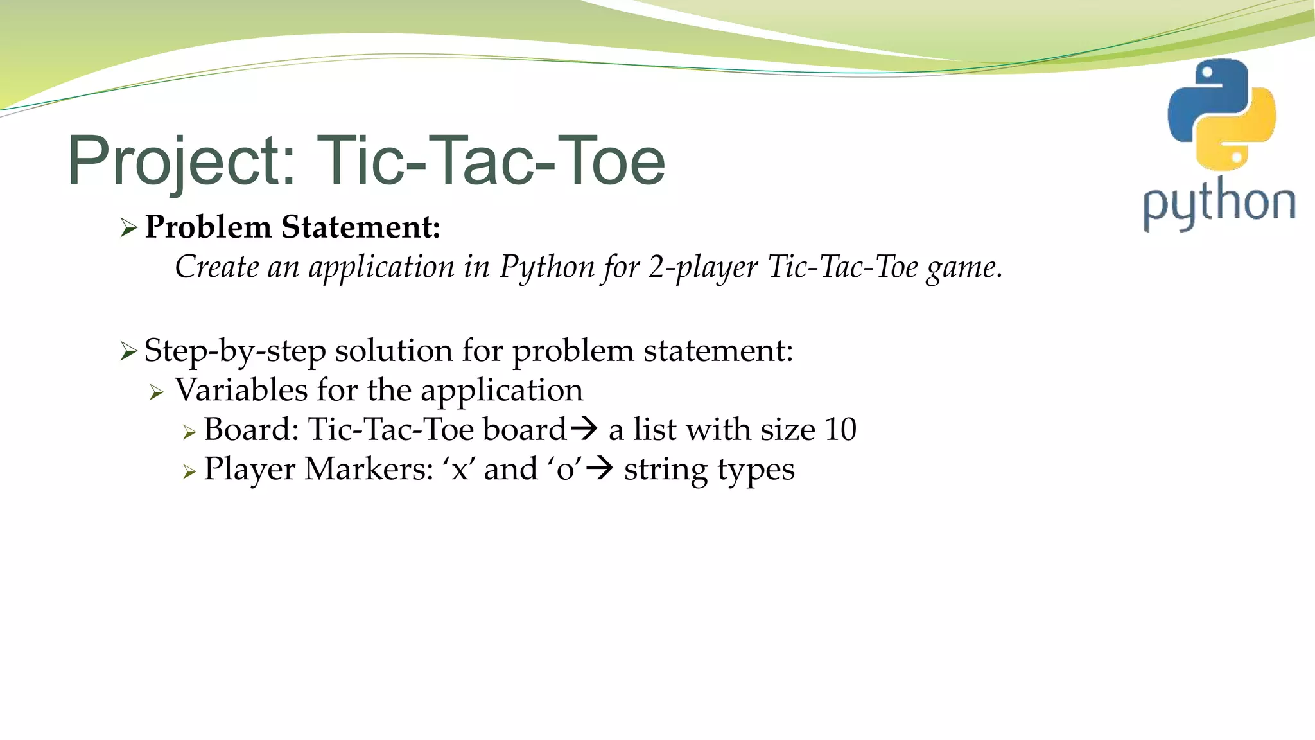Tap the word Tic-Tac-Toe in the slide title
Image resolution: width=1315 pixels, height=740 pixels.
tap(491, 161)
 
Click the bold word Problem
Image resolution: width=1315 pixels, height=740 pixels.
tap(208, 227)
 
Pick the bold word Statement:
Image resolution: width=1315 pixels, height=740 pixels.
tap(361, 227)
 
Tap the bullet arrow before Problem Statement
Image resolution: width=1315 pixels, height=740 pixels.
tap(129, 228)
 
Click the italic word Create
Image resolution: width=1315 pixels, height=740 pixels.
tap(216, 267)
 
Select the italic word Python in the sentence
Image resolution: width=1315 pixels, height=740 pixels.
tap(547, 268)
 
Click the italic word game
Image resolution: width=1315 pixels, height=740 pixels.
tap(964, 268)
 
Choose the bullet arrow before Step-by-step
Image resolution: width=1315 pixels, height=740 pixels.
tap(129, 351)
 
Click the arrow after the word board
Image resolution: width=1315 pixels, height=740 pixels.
tap(584, 428)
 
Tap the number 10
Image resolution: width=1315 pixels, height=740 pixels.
tap(840, 429)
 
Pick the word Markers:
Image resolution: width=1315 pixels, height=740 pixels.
tap(370, 469)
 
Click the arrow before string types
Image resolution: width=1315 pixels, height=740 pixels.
tap(600, 468)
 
